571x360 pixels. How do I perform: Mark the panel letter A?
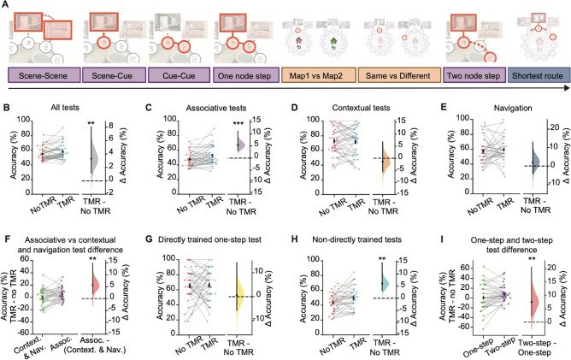tap(7, 6)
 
